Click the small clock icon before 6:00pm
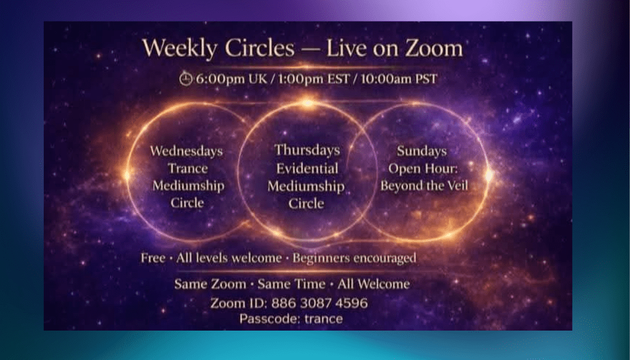pos(185,79)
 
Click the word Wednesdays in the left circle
pos(187,150)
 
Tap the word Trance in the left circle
pos(187,168)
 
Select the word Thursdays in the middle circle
pos(307,150)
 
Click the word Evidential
pos(307,169)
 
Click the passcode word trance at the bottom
pos(323,319)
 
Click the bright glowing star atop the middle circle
pos(308,103)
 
